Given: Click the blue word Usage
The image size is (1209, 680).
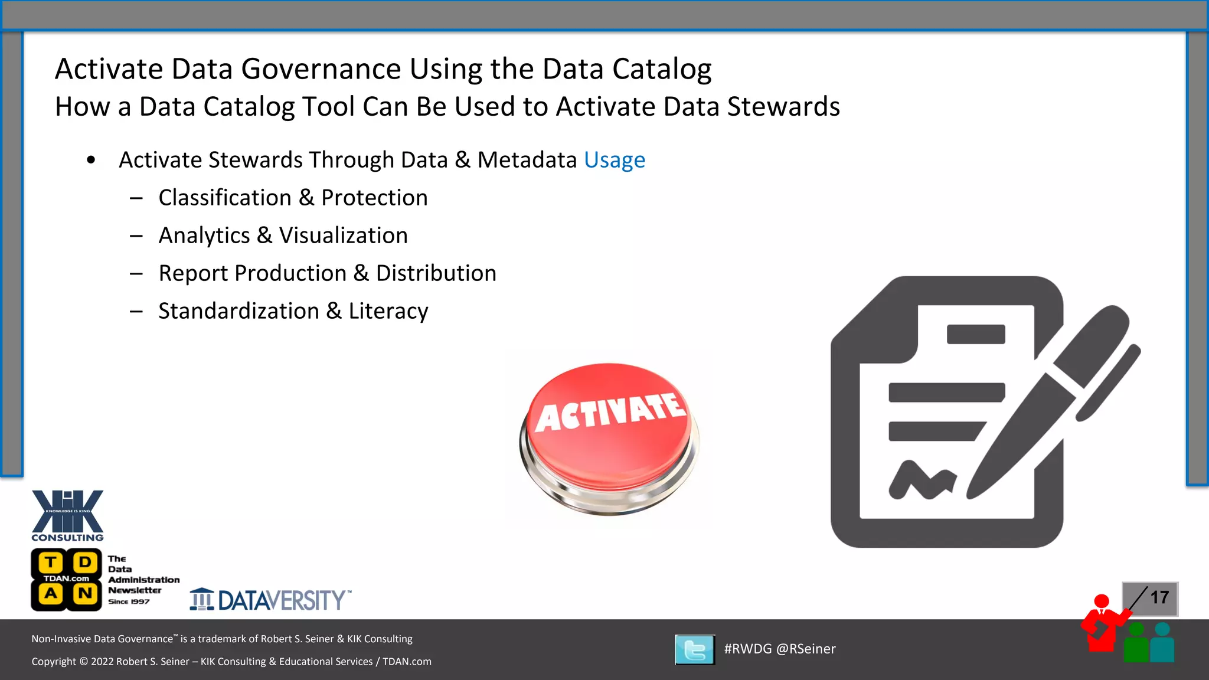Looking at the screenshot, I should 614,160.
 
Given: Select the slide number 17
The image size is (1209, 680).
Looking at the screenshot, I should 1159,597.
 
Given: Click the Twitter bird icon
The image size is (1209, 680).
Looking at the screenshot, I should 694,649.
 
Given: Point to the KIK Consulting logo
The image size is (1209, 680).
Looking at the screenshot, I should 67,515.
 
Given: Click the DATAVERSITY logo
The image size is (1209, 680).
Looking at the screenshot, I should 270,600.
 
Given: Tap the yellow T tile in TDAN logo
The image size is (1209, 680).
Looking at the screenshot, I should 51,562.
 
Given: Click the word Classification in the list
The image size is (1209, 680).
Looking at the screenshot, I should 225,198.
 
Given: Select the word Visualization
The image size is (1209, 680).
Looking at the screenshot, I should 343,236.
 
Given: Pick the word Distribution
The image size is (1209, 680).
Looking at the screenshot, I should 436,273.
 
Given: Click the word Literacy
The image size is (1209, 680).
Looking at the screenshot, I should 388,311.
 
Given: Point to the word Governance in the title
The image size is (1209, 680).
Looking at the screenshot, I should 324,69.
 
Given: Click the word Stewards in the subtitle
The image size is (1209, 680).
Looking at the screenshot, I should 783,107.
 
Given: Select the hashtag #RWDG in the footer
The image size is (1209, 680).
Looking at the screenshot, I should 747,649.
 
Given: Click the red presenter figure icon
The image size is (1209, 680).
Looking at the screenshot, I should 1101,623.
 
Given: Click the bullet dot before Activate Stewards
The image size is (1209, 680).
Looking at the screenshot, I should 91,160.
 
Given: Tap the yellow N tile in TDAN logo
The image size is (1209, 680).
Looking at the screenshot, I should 84,593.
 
